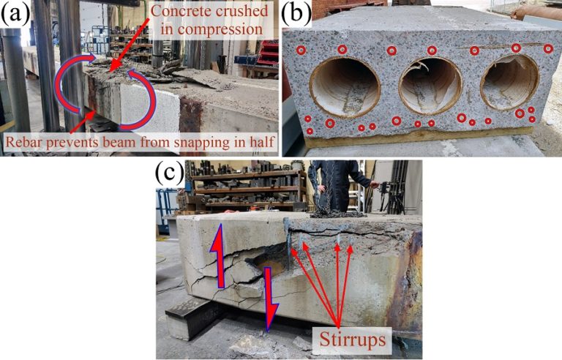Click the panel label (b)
click(x=302, y=13)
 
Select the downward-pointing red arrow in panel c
click(x=270, y=299)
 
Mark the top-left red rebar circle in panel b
click(x=301, y=50)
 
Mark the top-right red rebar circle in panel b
click(x=548, y=48)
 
